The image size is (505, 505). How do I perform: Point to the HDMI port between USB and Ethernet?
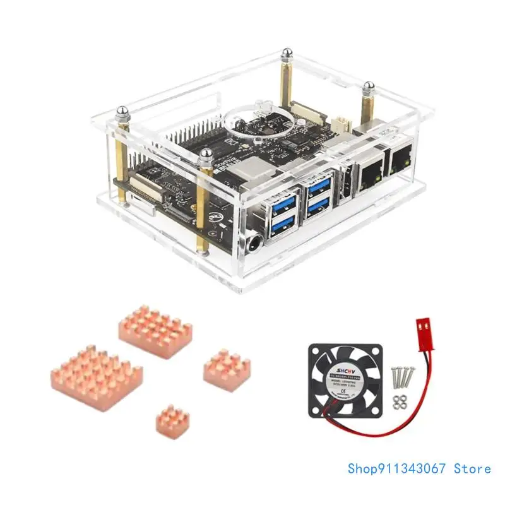(346, 183)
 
